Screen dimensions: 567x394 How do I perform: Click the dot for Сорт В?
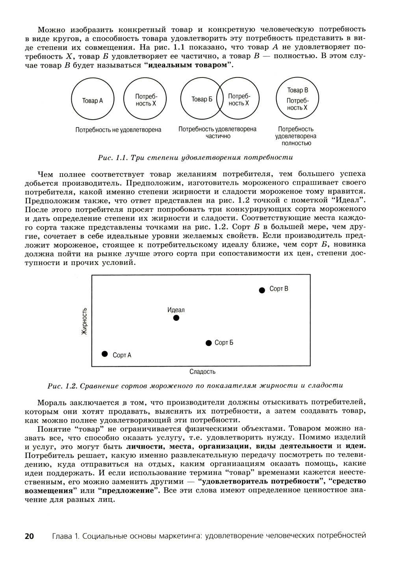(x=262, y=290)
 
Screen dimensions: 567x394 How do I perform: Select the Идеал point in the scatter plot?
(x=176, y=318)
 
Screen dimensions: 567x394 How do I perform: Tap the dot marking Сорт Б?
(x=209, y=343)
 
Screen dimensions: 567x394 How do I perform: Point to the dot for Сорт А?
(x=104, y=354)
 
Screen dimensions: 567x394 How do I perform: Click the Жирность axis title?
(x=84, y=321)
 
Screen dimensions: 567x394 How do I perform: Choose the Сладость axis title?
(x=202, y=372)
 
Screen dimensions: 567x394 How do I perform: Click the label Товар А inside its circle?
(x=92, y=101)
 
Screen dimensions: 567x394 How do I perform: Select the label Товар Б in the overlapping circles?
(x=202, y=100)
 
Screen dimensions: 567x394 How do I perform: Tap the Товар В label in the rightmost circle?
(x=297, y=90)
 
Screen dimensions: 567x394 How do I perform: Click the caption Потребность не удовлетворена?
(x=118, y=129)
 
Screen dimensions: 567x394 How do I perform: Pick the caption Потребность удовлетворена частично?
(x=217, y=133)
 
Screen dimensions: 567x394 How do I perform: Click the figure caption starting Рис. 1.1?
(x=195, y=158)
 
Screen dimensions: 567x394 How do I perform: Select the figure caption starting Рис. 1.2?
(x=195, y=386)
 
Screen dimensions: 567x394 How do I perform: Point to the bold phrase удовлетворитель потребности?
(x=260, y=481)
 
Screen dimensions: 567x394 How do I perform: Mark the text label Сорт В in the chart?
(x=279, y=289)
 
